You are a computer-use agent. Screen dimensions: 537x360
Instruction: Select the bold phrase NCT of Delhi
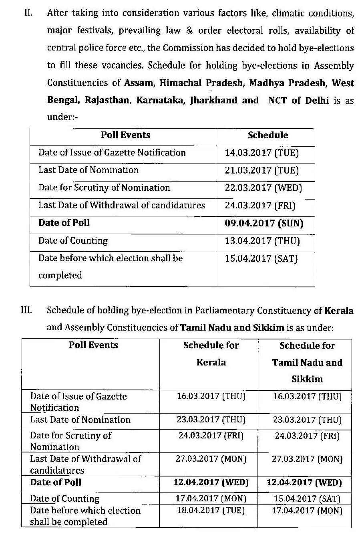click(x=299, y=100)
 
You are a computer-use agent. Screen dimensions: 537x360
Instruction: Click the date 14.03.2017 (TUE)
click(x=262, y=153)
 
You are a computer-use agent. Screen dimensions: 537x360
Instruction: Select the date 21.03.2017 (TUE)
click(x=262, y=170)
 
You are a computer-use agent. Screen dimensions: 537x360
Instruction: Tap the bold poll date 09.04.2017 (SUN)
click(x=264, y=223)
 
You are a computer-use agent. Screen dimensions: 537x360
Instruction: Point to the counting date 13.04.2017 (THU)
click(x=262, y=241)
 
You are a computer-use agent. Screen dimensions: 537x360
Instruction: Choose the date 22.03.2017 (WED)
click(x=263, y=188)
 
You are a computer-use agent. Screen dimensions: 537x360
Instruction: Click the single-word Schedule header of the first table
click(x=267, y=135)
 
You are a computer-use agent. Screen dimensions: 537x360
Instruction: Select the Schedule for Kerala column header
click(x=211, y=354)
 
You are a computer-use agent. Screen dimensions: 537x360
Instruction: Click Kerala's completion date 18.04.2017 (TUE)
click(x=211, y=511)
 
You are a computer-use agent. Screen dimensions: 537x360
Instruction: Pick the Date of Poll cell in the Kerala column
click(x=211, y=482)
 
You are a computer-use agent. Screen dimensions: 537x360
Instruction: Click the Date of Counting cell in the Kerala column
click(x=211, y=499)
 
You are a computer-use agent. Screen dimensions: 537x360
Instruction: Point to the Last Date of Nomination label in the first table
click(x=88, y=170)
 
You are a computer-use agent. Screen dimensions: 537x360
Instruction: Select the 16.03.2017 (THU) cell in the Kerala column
click(x=211, y=396)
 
